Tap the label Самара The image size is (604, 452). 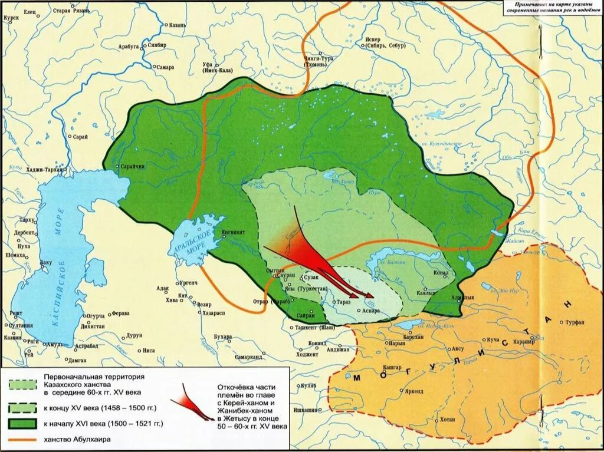click(165, 67)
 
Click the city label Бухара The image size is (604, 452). click(222, 336)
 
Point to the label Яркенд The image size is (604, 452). click(415, 391)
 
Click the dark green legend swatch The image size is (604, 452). click(24, 423)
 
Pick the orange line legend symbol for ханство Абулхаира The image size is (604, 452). click(24, 440)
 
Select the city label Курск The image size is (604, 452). click(11, 18)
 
